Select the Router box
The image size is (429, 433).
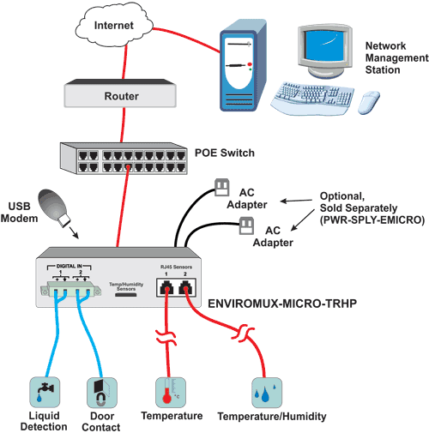(x=121, y=96)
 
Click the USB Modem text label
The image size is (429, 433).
(x=23, y=212)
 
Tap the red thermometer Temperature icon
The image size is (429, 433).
(x=166, y=391)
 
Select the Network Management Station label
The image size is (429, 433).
(x=396, y=57)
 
